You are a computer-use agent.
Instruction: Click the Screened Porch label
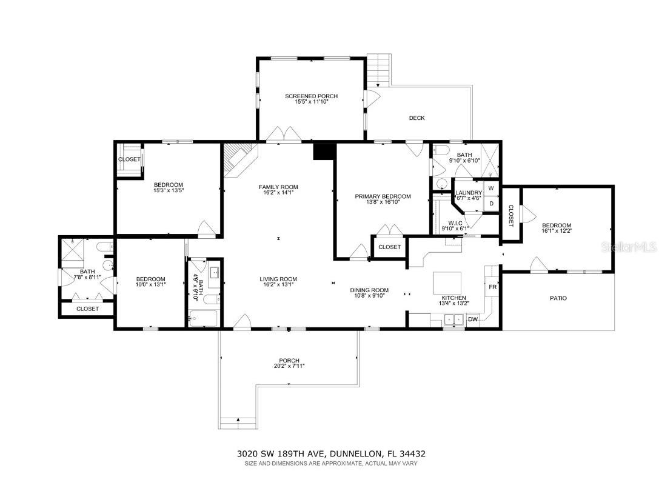311,96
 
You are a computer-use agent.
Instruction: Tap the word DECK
416,118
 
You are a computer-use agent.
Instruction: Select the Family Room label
278,187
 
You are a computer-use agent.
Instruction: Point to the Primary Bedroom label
383,196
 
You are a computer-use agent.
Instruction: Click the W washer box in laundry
491,189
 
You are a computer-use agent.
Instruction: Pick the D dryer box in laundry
491,204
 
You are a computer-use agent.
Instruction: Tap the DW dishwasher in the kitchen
473,319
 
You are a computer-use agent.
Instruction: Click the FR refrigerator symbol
492,286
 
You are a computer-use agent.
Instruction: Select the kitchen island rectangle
447,282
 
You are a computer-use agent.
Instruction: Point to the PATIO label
558,298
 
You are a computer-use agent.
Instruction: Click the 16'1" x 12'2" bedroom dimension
556,231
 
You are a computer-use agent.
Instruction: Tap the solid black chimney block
324,151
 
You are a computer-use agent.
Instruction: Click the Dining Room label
369,290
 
